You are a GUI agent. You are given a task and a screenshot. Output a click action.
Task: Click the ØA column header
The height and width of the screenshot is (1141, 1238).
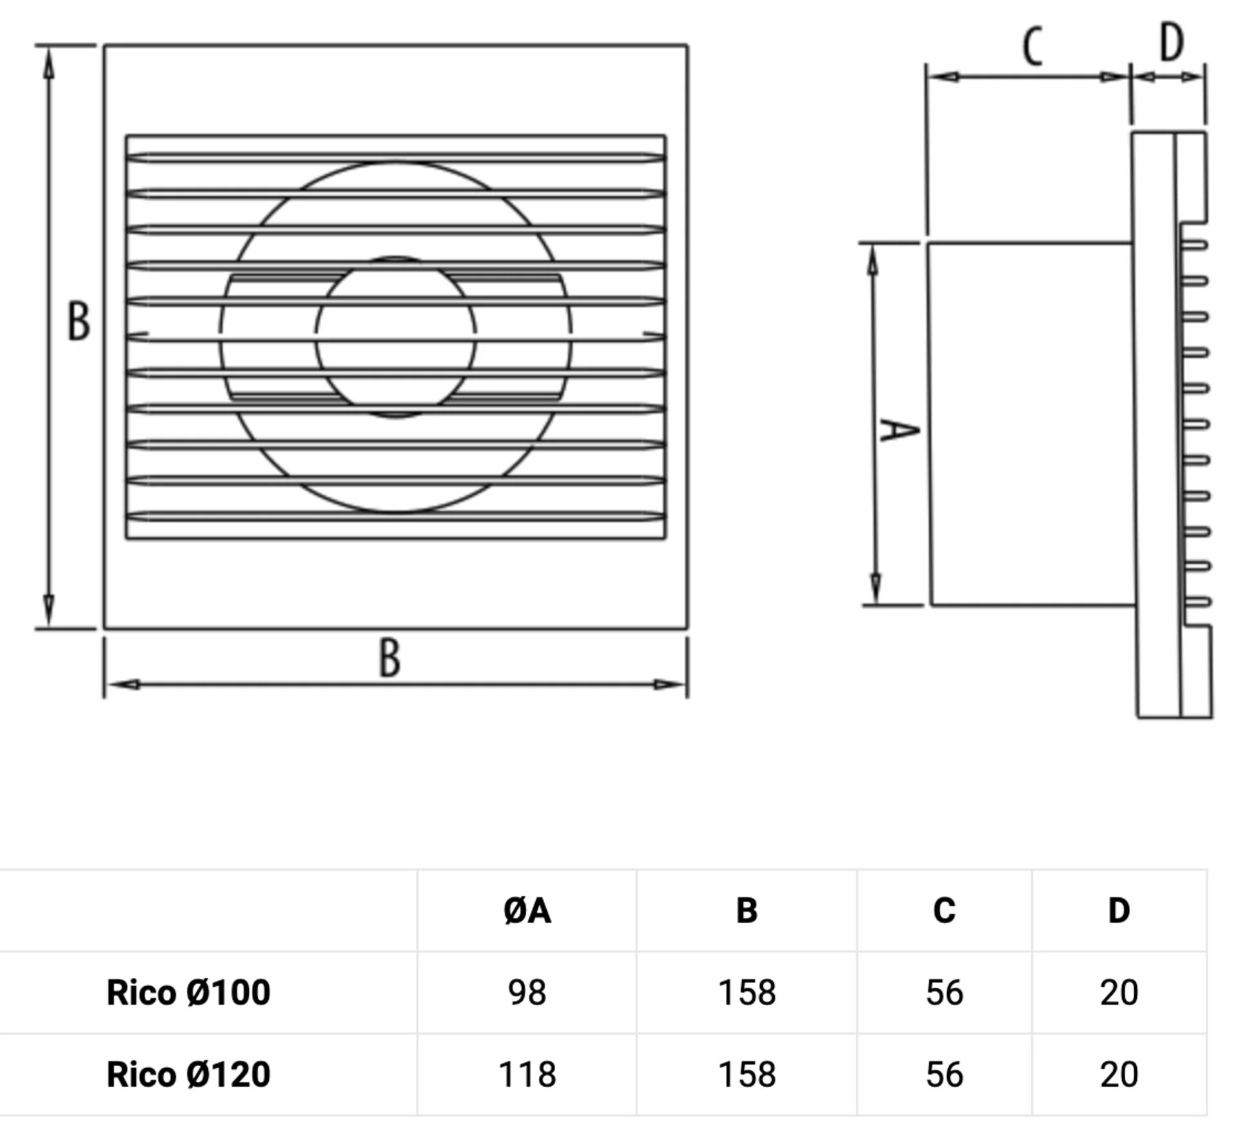pyautogui.click(x=527, y=910)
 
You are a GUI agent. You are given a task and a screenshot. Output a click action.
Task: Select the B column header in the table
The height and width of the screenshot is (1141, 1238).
pyautogui.click(x=747, y=910)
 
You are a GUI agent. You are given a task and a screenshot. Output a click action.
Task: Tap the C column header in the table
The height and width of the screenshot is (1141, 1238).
pyautogui.click(x=944, y=910)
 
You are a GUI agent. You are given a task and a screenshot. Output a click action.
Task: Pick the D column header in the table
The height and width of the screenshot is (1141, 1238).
pyautogui.click(x=1119, y=910)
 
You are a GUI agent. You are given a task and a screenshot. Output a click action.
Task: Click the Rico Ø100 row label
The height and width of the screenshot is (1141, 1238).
pyautogui.click(x=188, y=992)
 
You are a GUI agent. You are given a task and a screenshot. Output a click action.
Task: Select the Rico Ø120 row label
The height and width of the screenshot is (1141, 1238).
pyautogui.click(x=188, y=1074)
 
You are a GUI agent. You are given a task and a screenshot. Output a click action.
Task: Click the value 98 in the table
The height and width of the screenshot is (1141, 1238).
pyautogui.click(x=527, y=992)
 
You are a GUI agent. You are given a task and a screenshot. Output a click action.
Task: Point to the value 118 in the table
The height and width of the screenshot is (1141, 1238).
pyautogui.click(x=527, y=1074)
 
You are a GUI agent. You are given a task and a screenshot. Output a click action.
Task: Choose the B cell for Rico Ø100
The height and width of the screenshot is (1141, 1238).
pyautogui.click(x=747, y=992)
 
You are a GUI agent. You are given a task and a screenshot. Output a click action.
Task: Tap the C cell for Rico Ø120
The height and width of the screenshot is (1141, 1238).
pyautogui.click(x=944, y=1074)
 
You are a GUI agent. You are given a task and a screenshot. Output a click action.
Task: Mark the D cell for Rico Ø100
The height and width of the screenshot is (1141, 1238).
pyautogui.click(x=1119, y=992)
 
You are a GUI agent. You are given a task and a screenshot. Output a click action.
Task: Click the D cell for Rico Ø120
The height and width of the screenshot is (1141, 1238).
pyautogui.click(x=1119, y=1074)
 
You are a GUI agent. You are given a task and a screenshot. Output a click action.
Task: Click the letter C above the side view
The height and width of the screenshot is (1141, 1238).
pyautogui.click(x=1033, y=46)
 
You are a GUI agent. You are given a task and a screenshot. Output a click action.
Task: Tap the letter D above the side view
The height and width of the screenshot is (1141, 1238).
pyautogui.click(x=1172, y=42)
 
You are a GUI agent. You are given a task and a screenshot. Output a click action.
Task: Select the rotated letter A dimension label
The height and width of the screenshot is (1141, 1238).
pyautogui.click(x=899, y=430)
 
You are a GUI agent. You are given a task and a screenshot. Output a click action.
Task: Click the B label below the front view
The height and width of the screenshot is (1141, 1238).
pyautogui.click(x=389, y=658)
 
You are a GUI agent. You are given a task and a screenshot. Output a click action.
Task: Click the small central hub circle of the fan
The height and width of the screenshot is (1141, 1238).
pyautogui.click(x=396, y=337)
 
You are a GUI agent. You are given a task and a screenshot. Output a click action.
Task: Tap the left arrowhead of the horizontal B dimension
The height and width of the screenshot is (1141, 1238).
pyautogui.click(x=123, y=684)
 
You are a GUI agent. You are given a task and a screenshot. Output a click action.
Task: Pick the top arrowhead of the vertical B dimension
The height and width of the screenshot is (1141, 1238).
pyautogui.click(x=48, y=64)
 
